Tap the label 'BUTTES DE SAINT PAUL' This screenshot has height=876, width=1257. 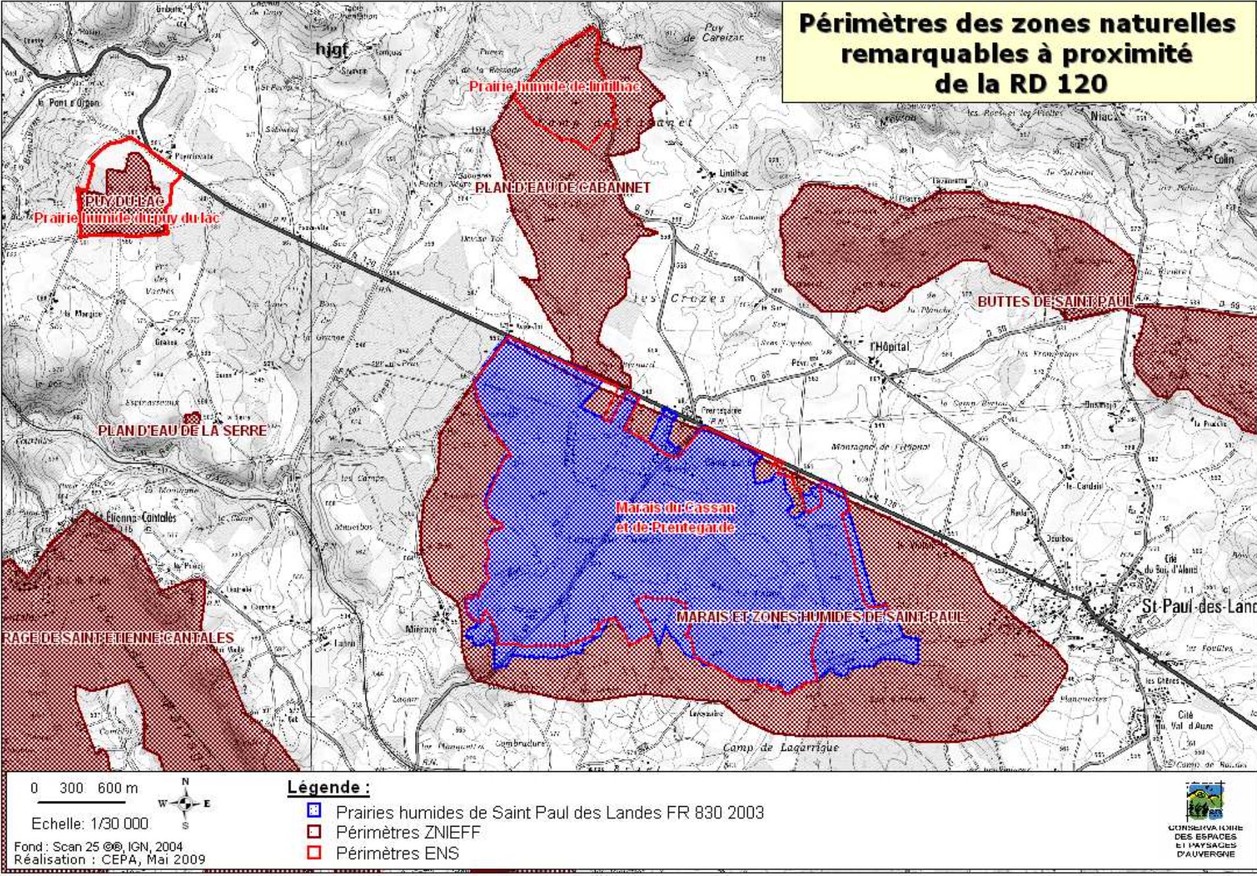[x=1054, y=302]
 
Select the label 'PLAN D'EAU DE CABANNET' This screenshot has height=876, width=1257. [x=562, y=188]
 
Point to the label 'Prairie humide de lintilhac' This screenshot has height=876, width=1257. [x=555, y=86]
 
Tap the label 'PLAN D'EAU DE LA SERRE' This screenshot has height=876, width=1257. [x=182, y=431]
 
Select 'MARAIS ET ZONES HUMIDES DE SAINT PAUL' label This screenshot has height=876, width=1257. [x=820, y=617]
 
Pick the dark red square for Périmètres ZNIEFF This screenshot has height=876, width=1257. [x=314, y=831]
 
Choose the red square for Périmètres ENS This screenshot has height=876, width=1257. [x=314, y=852]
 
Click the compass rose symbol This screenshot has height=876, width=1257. [x=185, y=803]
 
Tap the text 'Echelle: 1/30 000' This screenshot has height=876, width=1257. [x=90, y=824]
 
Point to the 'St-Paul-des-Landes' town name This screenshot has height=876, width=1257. [x=1198, y=606]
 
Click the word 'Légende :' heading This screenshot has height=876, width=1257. [x=328, y=787]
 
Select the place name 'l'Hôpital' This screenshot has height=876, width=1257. [x=889, y=346]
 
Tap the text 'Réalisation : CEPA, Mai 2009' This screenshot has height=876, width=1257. [x=109, y=860]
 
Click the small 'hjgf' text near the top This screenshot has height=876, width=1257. [x=331, y=49]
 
